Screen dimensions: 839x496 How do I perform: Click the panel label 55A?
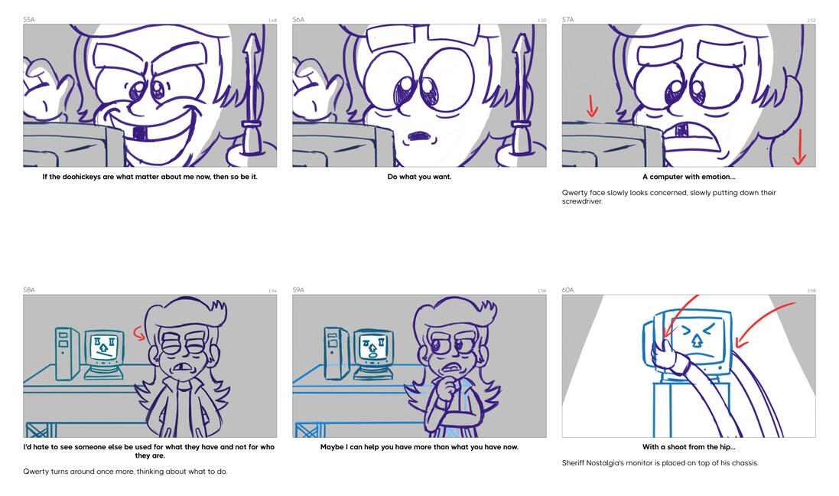click(29, 20)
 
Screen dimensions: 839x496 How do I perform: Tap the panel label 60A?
click(567, 290)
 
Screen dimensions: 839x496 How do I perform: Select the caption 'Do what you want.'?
click(419, 177)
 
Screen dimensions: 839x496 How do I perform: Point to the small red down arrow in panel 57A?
click(592, 106)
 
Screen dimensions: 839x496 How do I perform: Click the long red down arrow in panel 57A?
click(799, 147)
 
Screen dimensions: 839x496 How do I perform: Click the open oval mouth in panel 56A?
click(420, 136)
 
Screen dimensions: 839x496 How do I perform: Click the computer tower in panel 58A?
click(67, 354)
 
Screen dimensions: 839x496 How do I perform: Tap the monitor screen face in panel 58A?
click(104, 348)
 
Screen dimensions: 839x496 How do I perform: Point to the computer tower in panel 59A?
click(336, 354)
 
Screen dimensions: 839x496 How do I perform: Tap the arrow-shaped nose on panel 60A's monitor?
click(697, 341)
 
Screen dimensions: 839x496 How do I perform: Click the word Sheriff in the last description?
click(574, 463)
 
